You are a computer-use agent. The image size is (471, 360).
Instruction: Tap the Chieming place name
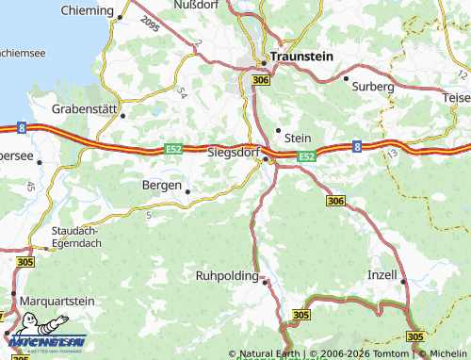pyautogui.click(x=87, y=9)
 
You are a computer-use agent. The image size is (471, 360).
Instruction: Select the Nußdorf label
pyautogui.click(x=197, y=6)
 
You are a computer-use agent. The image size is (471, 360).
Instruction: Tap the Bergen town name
pyautogui.click(x=161, y=185)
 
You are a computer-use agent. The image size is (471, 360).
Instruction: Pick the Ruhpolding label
pyautogui.click(x=227, y=276)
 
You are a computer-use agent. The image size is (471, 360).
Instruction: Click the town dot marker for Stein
pyautogui.click(x=278, y=130)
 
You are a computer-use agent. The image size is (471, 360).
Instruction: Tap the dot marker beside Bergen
pyautogui.click(x=187, y=191)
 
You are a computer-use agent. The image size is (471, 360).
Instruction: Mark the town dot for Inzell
pyautogui.click(x=403, y=281)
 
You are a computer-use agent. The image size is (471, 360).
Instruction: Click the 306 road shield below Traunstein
pyautogui.click(x=262, y=82)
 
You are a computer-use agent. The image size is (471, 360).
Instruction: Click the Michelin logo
pyautogui.click(x=45, y=340)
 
